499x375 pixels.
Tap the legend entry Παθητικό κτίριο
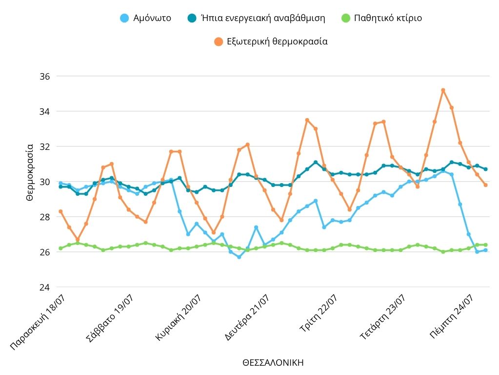click(x=381, y=18)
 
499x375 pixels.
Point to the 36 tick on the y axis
click(x=44, y=77)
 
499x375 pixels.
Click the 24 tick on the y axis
click(x=44, y=287)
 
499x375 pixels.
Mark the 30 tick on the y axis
click(x=44, y=182)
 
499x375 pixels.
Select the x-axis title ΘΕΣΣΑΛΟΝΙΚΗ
click(x=273, y=363)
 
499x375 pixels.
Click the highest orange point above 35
click(x=443, y=90)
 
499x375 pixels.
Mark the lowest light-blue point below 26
click(x=239, y=257)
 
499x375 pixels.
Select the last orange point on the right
click(x=485, y=185)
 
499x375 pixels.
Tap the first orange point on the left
click(x=60, y=211)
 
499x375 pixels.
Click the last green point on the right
click(x=485, y=245)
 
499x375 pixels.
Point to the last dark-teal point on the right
click(x=485, y=169)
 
